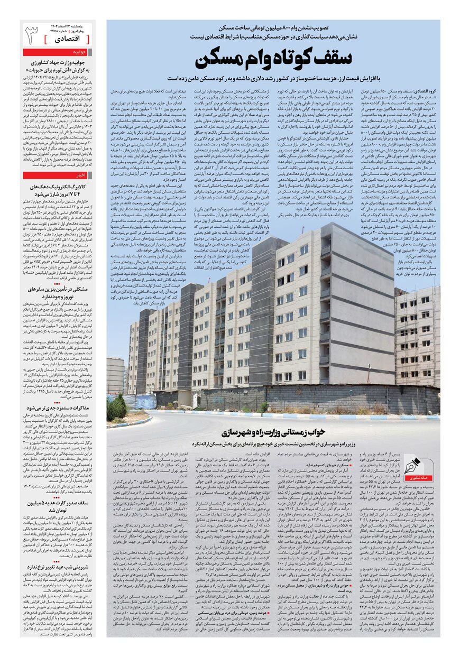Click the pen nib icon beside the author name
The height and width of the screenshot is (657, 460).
(411, 467)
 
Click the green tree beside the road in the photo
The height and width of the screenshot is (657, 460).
(116, 408)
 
